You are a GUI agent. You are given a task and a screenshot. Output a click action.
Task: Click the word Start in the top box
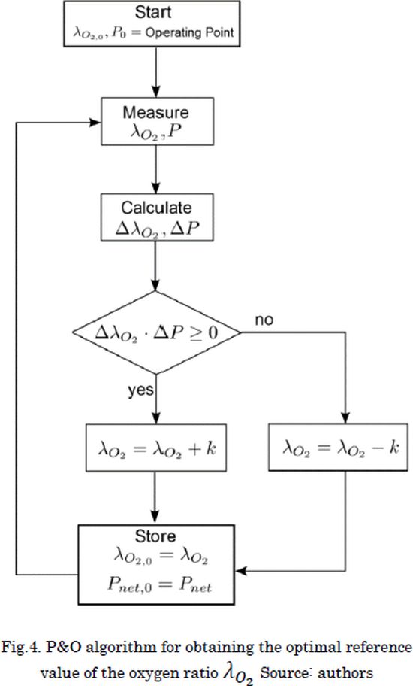[x=153, y=12]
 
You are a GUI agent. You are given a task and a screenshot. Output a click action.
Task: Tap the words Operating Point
[x=189, y=33]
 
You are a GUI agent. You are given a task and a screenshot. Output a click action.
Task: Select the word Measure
[x=156, y=112]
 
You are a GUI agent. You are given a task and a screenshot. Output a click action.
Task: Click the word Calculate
[x=156, y=208]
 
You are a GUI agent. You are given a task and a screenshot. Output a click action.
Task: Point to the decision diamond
[x=156, y=332]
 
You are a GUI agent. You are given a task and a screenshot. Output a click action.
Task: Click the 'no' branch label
[x=264, y=320]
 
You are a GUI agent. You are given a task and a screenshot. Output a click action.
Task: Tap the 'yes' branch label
[x=140, y=390]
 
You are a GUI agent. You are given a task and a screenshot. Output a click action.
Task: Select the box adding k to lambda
[x=156, y=448]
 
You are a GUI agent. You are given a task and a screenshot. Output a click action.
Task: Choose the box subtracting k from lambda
[x=339, y=447]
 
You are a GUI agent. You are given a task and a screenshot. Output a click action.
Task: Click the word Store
[x=155, y=536]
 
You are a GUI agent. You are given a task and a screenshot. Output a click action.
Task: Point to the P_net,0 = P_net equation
[x=159, y=585]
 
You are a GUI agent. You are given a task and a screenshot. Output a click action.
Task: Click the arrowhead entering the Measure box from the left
[x=95, y=122]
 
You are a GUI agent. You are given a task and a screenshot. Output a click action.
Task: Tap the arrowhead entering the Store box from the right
[x=241, y=571]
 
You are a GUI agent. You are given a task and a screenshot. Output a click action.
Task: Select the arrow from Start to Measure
[x=156, y=72]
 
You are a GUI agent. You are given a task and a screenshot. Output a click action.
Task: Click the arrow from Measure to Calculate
[x=156, y=169]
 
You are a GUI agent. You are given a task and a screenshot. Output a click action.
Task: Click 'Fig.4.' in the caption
[x=19, y=648]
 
